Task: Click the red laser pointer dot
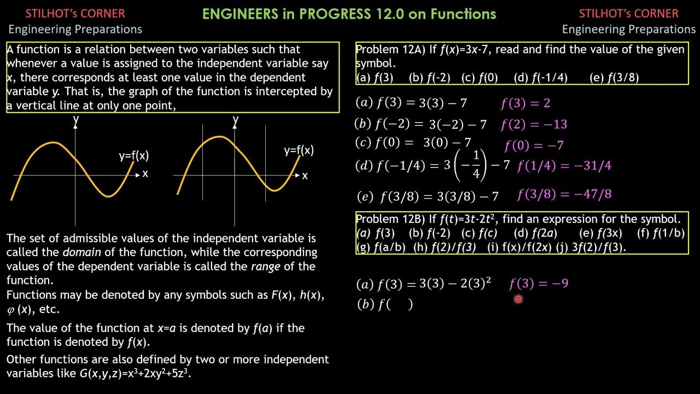coord(518,299)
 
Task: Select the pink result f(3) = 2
coord(525,103)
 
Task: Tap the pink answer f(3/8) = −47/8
coord(564,194)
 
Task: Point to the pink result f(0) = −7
coord(534,146)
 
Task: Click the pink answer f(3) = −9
coord(539,283)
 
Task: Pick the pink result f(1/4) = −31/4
coord(564,166)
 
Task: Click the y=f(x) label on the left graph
coord(134,156)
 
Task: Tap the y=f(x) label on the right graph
coord(299,150)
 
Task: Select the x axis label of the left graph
coord(145,174)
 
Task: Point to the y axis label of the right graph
coord(236,119)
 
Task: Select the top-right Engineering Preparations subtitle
coord(629,29)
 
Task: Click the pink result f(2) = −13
coord(534,125)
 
